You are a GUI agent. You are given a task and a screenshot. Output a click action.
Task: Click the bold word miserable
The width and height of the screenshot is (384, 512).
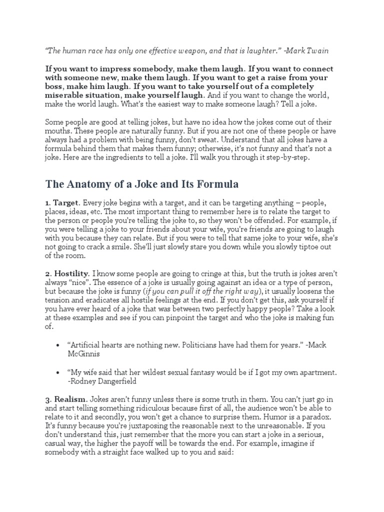point(63,95)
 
